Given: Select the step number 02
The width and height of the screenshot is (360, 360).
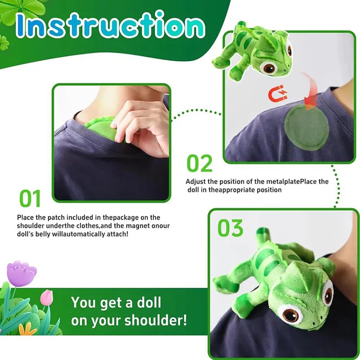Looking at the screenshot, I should click(200, 164).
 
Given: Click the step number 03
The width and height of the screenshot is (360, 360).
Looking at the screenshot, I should click(230, 229).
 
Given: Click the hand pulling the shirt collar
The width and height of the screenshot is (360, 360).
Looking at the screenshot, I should click(139, 121).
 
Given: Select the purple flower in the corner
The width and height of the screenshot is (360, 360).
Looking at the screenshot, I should click(21, 274).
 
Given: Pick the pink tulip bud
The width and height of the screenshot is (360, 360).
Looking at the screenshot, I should click(46, 297).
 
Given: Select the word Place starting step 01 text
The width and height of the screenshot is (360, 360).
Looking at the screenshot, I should click(25, 217).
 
